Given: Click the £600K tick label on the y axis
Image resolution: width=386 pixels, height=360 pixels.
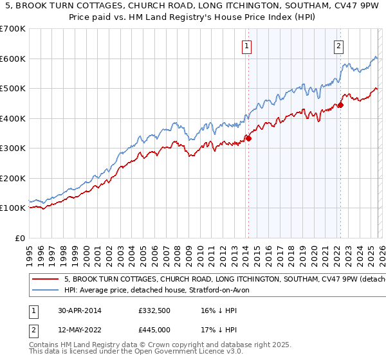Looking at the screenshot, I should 13,59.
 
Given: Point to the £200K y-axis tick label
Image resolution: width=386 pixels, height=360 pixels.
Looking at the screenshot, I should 13,178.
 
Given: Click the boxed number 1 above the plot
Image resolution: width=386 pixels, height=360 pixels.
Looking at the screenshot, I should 248,46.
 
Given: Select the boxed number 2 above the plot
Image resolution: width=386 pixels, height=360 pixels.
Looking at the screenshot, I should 339,46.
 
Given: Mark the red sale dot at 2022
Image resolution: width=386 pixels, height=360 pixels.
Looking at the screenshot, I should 340,105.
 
